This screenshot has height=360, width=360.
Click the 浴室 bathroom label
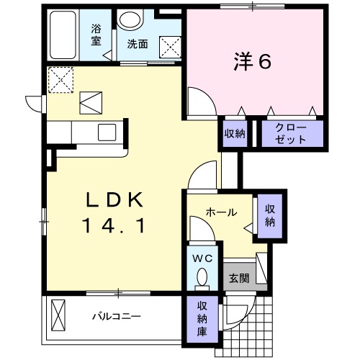96,36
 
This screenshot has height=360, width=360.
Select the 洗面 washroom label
138,44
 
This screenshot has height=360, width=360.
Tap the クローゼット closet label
292,134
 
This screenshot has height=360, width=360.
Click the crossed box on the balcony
59,315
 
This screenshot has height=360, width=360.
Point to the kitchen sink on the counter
107,132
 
